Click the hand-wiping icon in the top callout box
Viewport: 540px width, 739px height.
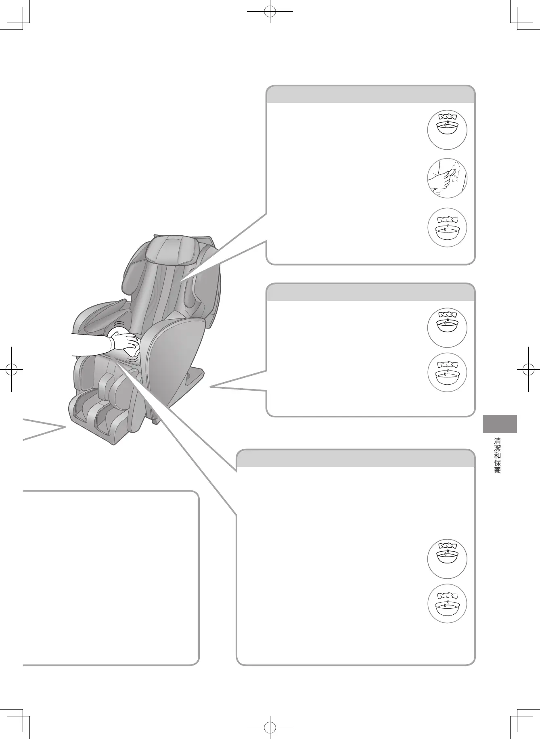447,178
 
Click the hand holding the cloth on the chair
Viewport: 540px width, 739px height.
126,343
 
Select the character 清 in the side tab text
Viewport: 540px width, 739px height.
497,441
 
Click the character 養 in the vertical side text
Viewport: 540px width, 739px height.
497,470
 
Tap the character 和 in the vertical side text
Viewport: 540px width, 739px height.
497,455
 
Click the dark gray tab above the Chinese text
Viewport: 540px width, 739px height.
500,424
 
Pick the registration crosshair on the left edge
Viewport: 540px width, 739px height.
12,369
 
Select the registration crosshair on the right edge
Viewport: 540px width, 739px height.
528,369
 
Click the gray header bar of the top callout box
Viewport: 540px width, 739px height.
370,95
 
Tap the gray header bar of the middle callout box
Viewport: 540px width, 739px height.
370,293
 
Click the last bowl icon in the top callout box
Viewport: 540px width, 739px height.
447,228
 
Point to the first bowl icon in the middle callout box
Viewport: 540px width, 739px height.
447,327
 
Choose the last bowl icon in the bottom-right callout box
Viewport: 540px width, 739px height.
447,604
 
